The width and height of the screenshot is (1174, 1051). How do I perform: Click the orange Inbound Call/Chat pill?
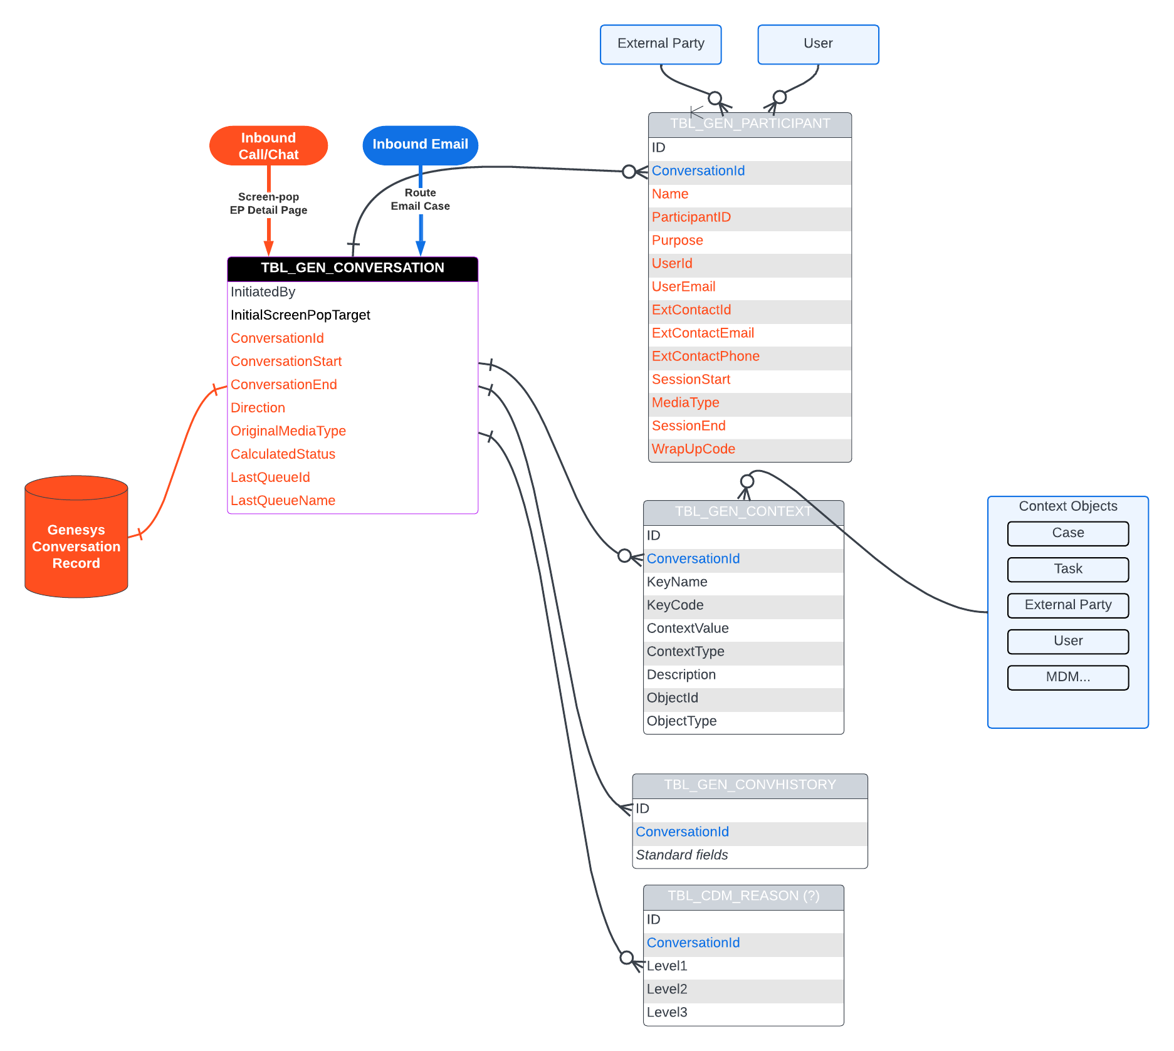[268, 146]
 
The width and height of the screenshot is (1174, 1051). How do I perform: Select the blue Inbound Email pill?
[420, 145]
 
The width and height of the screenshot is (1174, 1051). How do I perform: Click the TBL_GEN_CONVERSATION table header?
[352, 268]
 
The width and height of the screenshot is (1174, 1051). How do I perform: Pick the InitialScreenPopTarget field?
[300, 315]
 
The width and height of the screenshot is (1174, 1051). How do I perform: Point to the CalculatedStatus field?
[283, 454]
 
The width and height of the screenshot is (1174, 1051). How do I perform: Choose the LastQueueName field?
[283, 501]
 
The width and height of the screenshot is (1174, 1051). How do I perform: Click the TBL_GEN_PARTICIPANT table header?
[750, 124]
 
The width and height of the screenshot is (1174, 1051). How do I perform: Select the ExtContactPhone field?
[705, 357]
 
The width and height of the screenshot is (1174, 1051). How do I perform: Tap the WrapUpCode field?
[693, 449]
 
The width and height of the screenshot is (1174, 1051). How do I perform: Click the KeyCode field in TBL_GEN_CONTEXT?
[675, 605]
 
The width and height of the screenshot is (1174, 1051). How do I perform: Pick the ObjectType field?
[681, 721]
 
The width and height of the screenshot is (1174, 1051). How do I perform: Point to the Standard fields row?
[681, 855]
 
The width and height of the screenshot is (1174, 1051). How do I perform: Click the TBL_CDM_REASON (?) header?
[743, 896]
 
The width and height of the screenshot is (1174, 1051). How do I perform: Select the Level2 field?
[667, 990]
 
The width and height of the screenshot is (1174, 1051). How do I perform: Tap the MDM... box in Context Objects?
[1067, 677]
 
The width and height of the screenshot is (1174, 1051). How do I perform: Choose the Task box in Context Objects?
[1067, 569]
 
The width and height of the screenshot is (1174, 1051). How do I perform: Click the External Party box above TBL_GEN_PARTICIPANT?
[661, 44]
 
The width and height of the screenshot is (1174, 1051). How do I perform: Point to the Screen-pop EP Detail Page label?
[268, 204]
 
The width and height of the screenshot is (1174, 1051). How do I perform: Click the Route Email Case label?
[420, 200]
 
